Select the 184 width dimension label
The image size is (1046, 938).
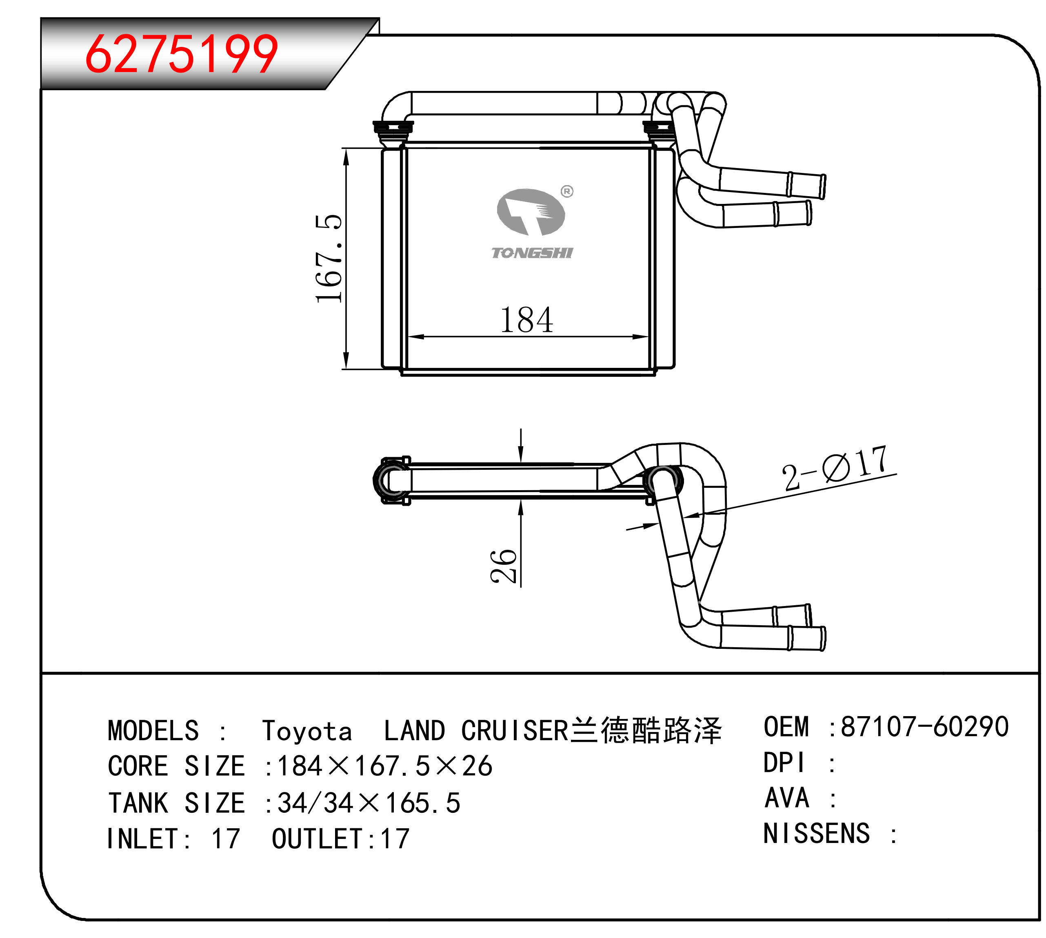pyautogui.click(x=526, y=320)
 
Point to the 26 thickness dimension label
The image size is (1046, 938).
pyautogui.click(x=503, y=566)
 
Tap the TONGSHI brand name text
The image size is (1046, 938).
pyautogui.click(x=532, y=252)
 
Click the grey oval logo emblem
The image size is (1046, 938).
pyautogui.click(x=531, y=211)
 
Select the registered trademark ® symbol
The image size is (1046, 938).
pyautogui.click(x=567, y=192)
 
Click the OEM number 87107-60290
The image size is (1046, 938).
pyautogui.click(x=924, y=727)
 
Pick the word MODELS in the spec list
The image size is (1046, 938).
pyautogui.click(x=153, y=731)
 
